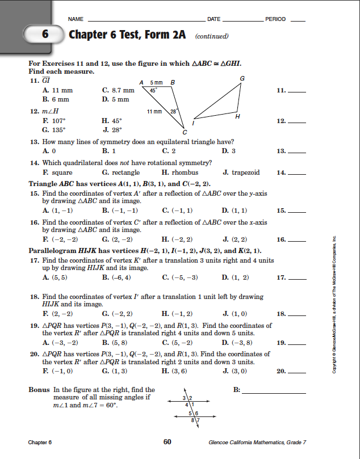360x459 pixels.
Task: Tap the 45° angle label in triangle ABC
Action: (x=153, y=90)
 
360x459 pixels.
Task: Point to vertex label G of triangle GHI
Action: (x=242, y=78)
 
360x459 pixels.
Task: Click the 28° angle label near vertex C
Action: (x=175, y=111)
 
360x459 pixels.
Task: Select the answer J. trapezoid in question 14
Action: (x=241, y=172)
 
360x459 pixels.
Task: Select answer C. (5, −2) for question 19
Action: (x=178, y=343)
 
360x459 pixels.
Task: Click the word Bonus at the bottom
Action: (x=39, y=390)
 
